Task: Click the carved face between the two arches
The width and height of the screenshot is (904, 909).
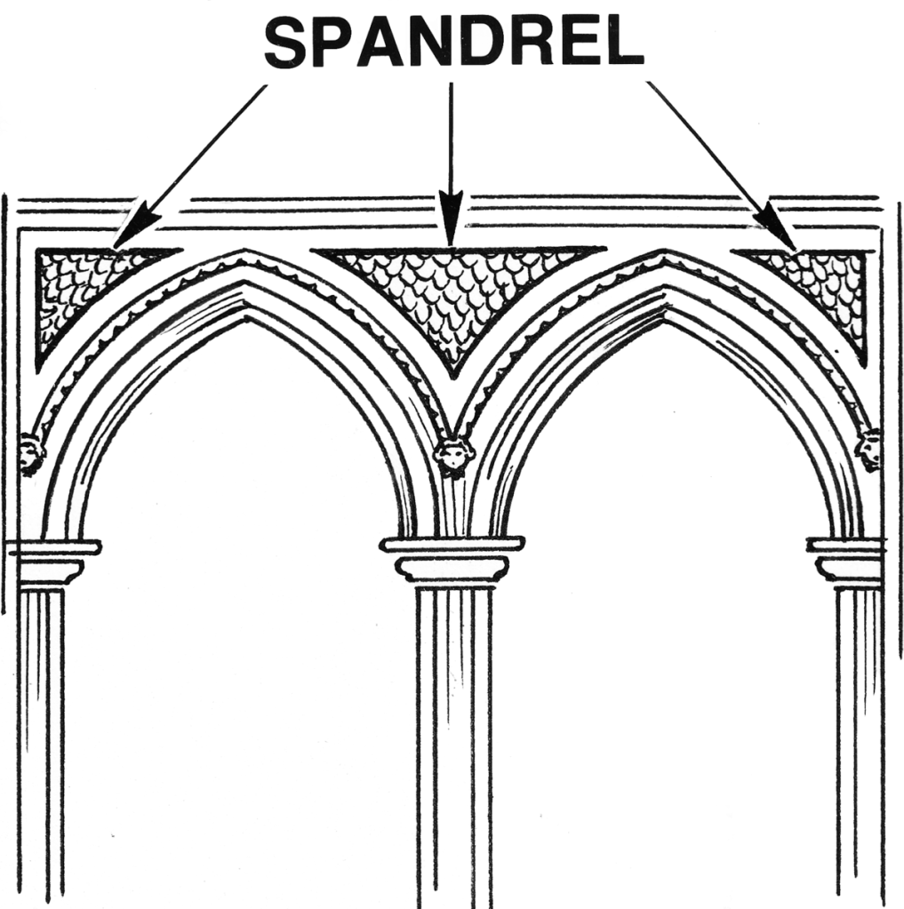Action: pyautogui.click(x=453, y=455)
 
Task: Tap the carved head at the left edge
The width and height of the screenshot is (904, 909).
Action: pyautogui.click(x=30, y=453)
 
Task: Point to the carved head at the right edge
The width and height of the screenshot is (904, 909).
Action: pyautogui.click(x=868, y=450)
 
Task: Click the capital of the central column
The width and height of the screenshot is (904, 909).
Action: pyautogui.click(x=452, y=560)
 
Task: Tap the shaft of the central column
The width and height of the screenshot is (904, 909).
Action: pyautogui.click(x=454, y=748)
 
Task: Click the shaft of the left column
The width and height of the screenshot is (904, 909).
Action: pyautogui.click(x=42, y=748)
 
